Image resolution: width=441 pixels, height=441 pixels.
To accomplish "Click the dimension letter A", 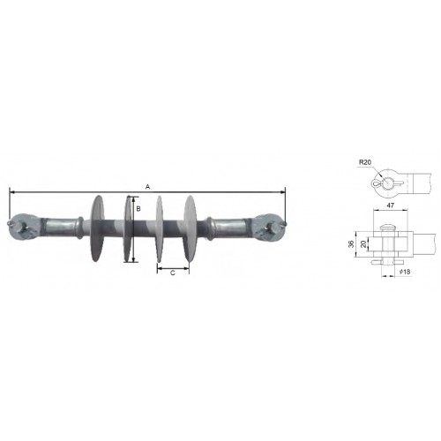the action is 148,187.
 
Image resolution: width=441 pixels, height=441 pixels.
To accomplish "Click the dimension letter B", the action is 138,209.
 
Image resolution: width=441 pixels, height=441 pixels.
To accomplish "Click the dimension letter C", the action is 173,273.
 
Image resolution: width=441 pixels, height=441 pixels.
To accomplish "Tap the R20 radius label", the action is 365,162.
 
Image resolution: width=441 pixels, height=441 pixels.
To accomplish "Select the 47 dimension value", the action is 390,206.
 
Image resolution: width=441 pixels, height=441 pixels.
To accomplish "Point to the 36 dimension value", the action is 351,244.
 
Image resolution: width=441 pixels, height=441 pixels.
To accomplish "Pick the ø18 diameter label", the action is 405,272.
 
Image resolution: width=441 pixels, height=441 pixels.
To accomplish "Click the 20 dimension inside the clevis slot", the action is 363,244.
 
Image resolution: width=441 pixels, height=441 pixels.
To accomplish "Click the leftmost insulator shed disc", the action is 97,228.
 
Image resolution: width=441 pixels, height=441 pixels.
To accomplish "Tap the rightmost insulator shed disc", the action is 191,228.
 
